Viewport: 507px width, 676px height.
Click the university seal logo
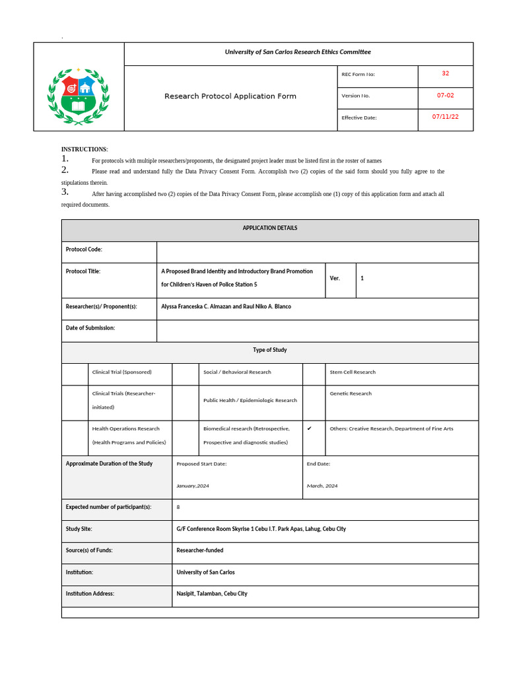[x=79, y=96]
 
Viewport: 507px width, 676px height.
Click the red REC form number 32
[x=446, y=73]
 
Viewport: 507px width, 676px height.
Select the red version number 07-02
[x=446, y=95]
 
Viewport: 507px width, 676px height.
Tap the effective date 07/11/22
[x=446, y=117]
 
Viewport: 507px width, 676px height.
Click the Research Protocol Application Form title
[x=230, y=96]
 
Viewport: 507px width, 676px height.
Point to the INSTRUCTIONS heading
[x=84, y=150]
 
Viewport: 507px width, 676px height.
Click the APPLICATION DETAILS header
[x=270, y=228]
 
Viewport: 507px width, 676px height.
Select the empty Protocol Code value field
[x=317, y=252]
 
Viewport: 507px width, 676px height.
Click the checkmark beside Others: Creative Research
[x=309, y=428]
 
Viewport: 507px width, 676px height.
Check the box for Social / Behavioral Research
[x=186, y=374]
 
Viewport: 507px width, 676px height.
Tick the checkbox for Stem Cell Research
[x=314, y=374]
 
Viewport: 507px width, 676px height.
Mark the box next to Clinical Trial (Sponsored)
[x=75, y=374]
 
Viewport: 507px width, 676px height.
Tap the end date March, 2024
[x=322, y=486]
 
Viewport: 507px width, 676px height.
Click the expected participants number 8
[x=178, y=507]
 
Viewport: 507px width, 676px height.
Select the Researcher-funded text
[x=200, y=550]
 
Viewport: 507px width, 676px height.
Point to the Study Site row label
[x=79, y=529]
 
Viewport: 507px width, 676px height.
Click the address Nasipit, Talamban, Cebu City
[x=212, y=593]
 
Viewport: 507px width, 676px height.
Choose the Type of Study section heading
[x=270, y=350]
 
